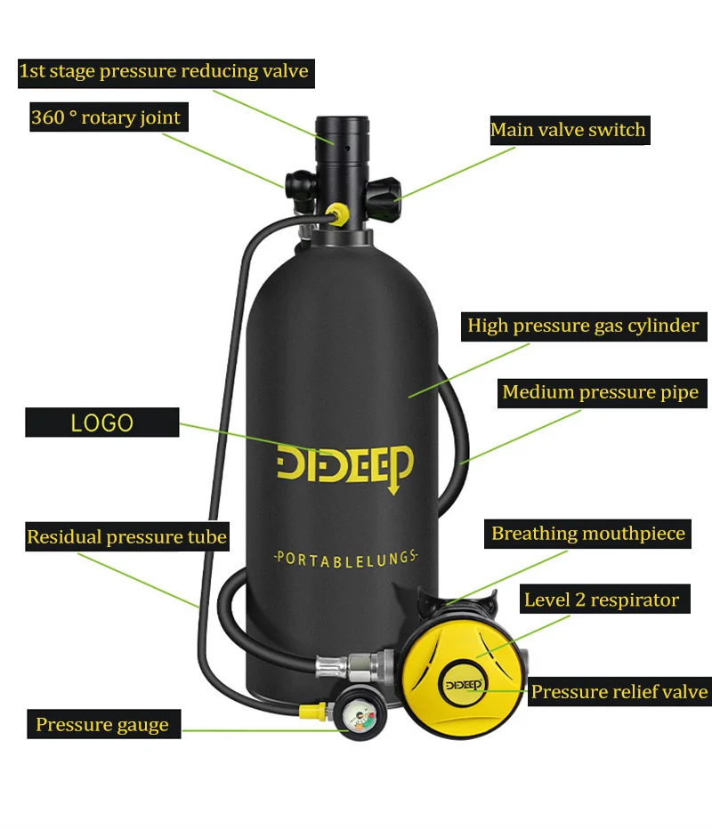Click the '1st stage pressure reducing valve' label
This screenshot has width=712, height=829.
pos(164,71)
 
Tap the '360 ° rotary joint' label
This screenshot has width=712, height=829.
pos(106,117)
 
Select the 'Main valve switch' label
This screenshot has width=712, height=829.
pos(568,130)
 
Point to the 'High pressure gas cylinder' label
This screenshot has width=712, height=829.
pos(583,326)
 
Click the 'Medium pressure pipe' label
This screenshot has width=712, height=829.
pos(600,392)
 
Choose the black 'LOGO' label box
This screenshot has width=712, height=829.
pos(101,423)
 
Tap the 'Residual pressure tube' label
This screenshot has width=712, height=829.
pos(126,537)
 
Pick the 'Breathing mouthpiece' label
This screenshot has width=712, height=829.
pos(588,534)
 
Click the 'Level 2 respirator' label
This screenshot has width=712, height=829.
pos(601,600)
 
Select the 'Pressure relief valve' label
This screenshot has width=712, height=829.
pos(619,691)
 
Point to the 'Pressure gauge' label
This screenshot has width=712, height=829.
pos(102,724)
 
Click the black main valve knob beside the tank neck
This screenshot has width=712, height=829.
pos(384,190)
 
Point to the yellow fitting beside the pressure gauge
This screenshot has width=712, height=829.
pos(311,712)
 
